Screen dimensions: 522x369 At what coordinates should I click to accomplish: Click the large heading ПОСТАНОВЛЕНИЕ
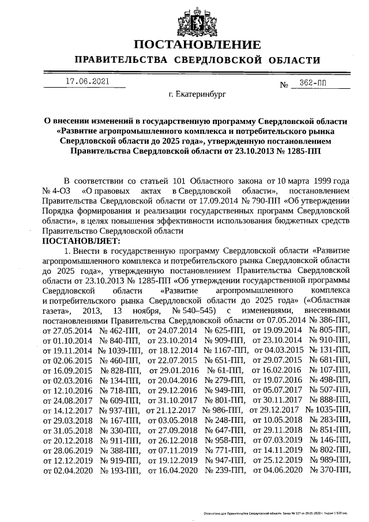pos(197,44)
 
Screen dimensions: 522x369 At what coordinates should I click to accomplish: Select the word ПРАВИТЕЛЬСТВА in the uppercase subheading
pos(119,60)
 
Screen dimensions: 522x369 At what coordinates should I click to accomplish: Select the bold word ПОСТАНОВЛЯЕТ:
pos(81,241)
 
